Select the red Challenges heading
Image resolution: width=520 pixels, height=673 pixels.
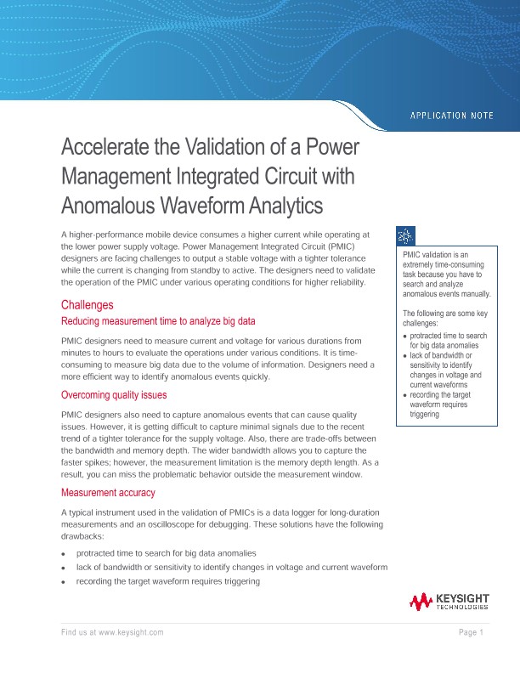coord(87,304)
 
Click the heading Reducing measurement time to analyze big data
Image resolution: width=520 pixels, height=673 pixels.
coord(158,321)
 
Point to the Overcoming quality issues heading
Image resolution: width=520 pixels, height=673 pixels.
coord(114,395)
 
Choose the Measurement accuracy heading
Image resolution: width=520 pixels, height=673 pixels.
coord(108,493)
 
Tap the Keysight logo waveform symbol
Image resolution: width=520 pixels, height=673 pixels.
coord(421,602)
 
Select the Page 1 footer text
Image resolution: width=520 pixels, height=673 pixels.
coord(471,632)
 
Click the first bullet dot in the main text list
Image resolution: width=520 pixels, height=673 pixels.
coord(65,553)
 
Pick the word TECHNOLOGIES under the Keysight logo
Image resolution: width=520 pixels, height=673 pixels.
coord(462,608)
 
